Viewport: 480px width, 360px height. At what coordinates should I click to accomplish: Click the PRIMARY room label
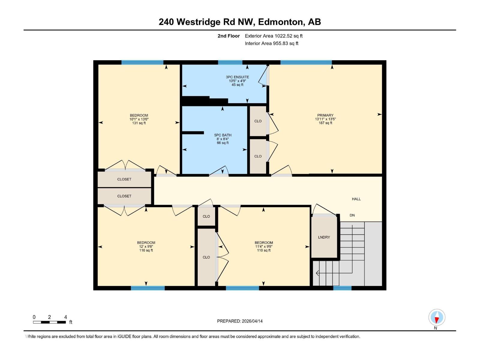point(325,115)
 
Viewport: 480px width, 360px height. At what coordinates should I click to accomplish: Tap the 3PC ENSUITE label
point(237,77)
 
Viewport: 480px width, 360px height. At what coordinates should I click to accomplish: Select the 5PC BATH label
point(223,135)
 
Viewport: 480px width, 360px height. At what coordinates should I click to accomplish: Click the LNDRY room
point(324,237)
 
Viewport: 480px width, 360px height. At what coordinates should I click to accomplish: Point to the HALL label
point(356,199)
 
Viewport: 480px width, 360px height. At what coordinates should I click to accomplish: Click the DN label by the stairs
point(352,215)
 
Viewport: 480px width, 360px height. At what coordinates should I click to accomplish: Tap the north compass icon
point(436,317)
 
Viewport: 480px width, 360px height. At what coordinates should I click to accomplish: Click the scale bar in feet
point(49,322)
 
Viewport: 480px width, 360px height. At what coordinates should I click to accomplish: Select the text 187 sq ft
point(325,123)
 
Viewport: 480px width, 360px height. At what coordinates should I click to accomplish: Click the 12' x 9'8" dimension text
point(146,247)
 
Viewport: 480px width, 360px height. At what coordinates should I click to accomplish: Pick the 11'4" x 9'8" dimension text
point(264,247)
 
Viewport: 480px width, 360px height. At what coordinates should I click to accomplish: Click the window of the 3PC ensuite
point(230,62)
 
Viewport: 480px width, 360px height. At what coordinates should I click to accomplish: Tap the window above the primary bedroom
point(306,62)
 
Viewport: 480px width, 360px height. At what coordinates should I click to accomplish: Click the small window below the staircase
point(342,288)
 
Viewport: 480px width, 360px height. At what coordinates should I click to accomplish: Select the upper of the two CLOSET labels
point(124,179)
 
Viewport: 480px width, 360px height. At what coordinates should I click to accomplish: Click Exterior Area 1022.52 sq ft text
point(274,36)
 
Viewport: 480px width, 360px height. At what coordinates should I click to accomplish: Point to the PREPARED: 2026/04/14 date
point(240,321)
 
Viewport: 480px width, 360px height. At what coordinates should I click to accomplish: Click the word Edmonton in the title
point(280,22)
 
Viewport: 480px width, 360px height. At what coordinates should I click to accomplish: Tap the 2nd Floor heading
point(229,36)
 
